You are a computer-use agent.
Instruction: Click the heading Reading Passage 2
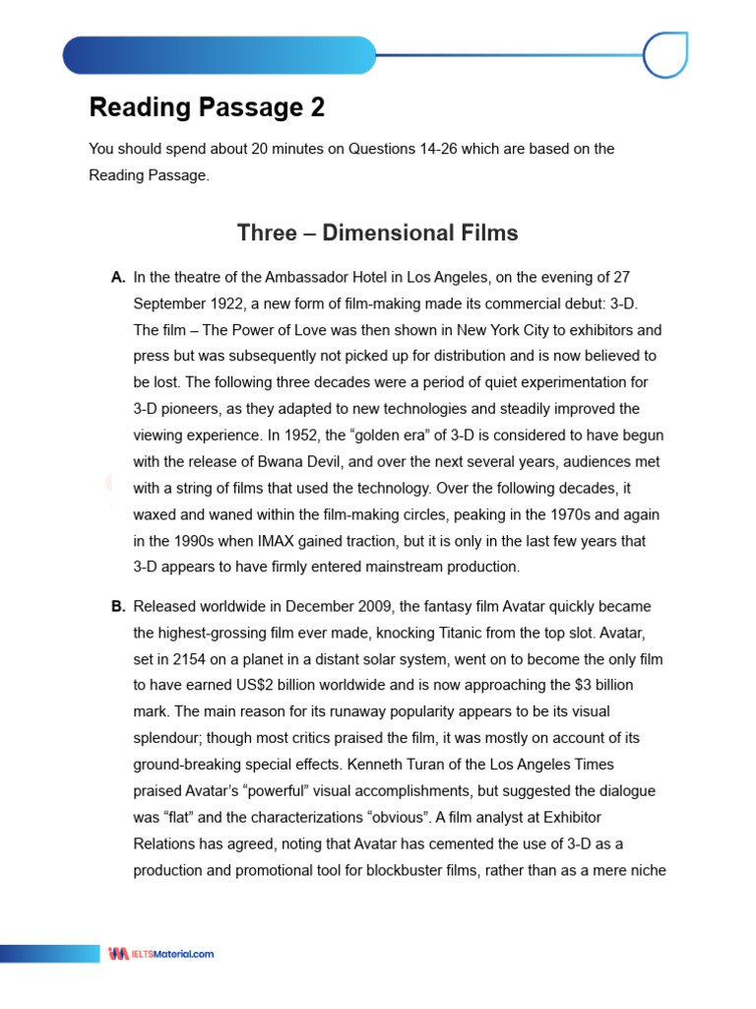207,107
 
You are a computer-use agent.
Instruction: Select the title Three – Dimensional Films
377,233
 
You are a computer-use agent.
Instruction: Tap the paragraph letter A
118,278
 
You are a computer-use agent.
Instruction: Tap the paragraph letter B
118,606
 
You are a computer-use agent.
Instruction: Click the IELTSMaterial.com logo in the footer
161,954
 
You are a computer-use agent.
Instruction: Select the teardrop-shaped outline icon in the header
664,54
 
